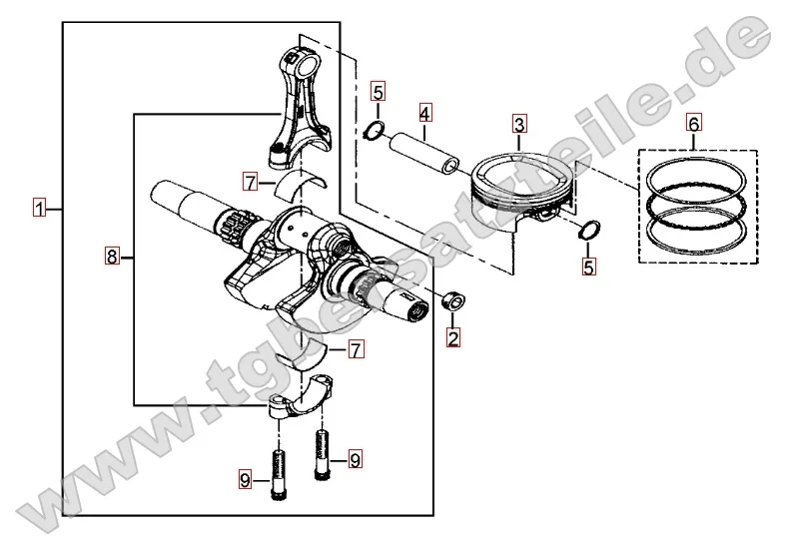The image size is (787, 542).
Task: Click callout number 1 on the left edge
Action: pyautogui.click(x=39, y=208)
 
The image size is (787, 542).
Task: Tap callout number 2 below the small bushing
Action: pyautogui.click(x=453, y=337)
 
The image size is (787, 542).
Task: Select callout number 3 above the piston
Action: pyautogui.click(x=519, y=124)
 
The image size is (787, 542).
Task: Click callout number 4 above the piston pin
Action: pyautogui.click(x=424, y=113)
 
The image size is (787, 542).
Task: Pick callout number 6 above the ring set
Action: pyautogui.click(x=694, y=123)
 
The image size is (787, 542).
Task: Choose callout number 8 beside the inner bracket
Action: pyautogui.click(x=112, y=257)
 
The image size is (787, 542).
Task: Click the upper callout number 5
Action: pyautogui.click(x=379, y=92)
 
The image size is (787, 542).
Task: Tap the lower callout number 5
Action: pyautogui.click(x=588, y=267)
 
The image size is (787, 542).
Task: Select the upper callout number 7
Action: pyautogui.click(x=251, y=182)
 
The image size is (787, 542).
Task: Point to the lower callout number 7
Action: pyautogui.click(x=356, y=349)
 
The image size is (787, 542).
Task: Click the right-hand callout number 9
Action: pyautogui.click(x=355, y=460)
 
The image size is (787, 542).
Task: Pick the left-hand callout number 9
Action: pyautogui.click(x=245, y=481)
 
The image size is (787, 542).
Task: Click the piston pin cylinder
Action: pyautogui.click(x=424, y=153)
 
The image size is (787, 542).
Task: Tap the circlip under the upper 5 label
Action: pyautogui.click(x=374, y=130)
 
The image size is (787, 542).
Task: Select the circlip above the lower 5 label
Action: pyautogui.click(x=588, y=230)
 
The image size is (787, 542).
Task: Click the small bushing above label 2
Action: pyautogui.click(x=452, y=300)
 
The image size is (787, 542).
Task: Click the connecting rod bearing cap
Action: pyautogui.click(x=300, y=395)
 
